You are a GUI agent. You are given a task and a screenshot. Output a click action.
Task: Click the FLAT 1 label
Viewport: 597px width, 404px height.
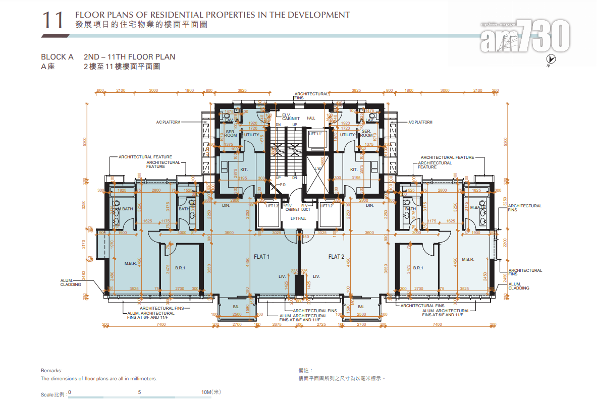pos(261,257)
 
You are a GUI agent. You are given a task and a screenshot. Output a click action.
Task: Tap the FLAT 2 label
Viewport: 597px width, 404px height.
pos(336,257)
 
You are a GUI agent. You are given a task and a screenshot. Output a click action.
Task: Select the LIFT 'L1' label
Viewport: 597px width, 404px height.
pos(315,134)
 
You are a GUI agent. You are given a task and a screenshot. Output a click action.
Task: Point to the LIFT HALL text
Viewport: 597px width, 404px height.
pos(298,218)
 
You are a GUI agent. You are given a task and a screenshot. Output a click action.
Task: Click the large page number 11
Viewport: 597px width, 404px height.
pos(53,20)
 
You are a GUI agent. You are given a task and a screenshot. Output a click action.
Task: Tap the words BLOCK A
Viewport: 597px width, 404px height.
pos(58,57)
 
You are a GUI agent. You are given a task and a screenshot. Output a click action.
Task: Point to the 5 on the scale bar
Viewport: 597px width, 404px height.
pos(139,392)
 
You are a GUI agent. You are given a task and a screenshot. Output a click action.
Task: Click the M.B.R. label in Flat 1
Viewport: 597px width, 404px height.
pos(130,263)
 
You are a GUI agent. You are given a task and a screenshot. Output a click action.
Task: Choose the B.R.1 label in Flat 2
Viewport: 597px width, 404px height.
pos(418,268)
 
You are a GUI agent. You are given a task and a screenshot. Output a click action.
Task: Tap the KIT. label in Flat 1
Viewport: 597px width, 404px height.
pos(244,169)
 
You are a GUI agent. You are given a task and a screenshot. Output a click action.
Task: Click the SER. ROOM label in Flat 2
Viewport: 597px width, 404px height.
pos(366,133)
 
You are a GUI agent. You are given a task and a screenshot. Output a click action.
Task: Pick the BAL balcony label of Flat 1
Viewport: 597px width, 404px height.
pos(236,306)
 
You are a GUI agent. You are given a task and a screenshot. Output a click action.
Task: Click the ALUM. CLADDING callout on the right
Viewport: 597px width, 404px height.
pos(518,286)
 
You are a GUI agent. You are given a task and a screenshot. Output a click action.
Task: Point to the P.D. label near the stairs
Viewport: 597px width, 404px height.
pos(283,185)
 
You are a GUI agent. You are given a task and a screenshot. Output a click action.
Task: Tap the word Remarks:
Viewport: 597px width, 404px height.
pos(51,370)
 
